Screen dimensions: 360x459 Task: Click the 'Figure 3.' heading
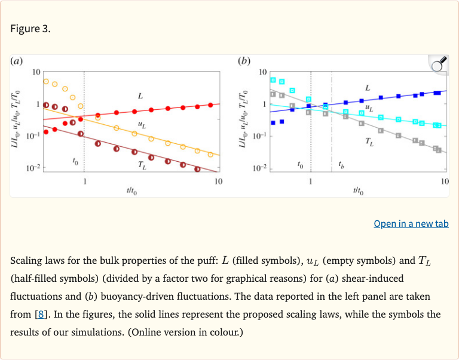(x=30, y=29)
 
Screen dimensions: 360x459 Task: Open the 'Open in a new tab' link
(x=411, y=224)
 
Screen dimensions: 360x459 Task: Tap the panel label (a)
(x=17, y=61)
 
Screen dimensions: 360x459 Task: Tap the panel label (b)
(x=244, y=61)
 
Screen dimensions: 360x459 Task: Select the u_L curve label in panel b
(x=369, y=109)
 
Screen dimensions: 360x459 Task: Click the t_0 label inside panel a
(x=75, y=161)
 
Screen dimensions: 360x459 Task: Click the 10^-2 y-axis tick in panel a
(x=33, y=169)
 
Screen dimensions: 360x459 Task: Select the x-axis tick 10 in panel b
(x=445, y=181)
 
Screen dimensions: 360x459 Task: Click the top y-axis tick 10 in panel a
(x=36, y=72)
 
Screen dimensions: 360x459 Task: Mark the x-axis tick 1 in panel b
(x=311, y=181)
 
